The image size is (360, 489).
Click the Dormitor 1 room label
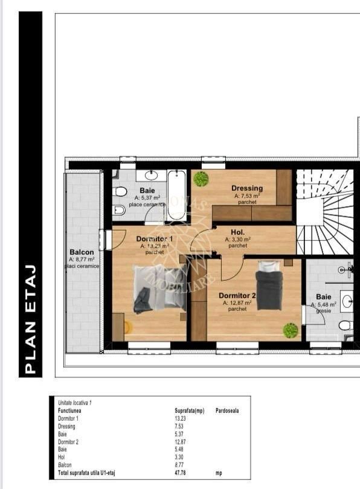[154, 239]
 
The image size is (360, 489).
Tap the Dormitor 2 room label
[237, 295]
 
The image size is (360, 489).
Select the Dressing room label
[247, 188]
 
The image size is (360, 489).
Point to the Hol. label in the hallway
[237, 232]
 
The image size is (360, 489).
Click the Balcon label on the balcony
[82, 252]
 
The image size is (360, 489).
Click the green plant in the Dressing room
[201, 179]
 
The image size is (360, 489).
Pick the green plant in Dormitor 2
[291, 330]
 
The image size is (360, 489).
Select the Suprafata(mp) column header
[189, 411]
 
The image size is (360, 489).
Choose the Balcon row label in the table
[65, 465]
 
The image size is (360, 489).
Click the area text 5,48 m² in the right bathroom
[323, 304]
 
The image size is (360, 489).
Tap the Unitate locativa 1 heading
[74, 402]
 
